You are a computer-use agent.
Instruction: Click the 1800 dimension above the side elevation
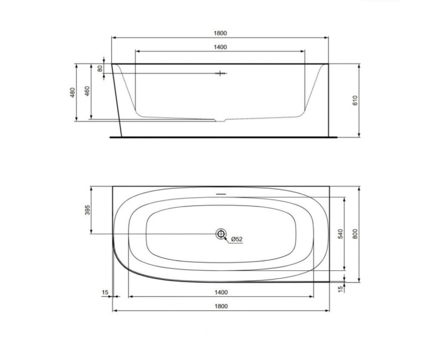point(220,33)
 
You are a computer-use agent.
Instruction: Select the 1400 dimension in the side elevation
point(220,47)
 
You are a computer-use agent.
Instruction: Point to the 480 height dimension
point(73,92)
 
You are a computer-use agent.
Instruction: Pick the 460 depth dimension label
point(87,92)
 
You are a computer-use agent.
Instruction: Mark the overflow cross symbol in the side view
point(220,73)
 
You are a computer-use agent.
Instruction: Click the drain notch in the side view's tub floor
point(220,119)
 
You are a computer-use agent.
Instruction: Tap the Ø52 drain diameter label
point(237,239)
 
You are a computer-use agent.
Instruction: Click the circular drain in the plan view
point(220,234)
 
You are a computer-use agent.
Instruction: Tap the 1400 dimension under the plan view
point(220,291)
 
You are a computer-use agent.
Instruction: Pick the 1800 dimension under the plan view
point(220,306)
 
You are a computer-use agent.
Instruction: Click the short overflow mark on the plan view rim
point(220,194)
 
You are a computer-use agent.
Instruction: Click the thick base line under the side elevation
point(221,136)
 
